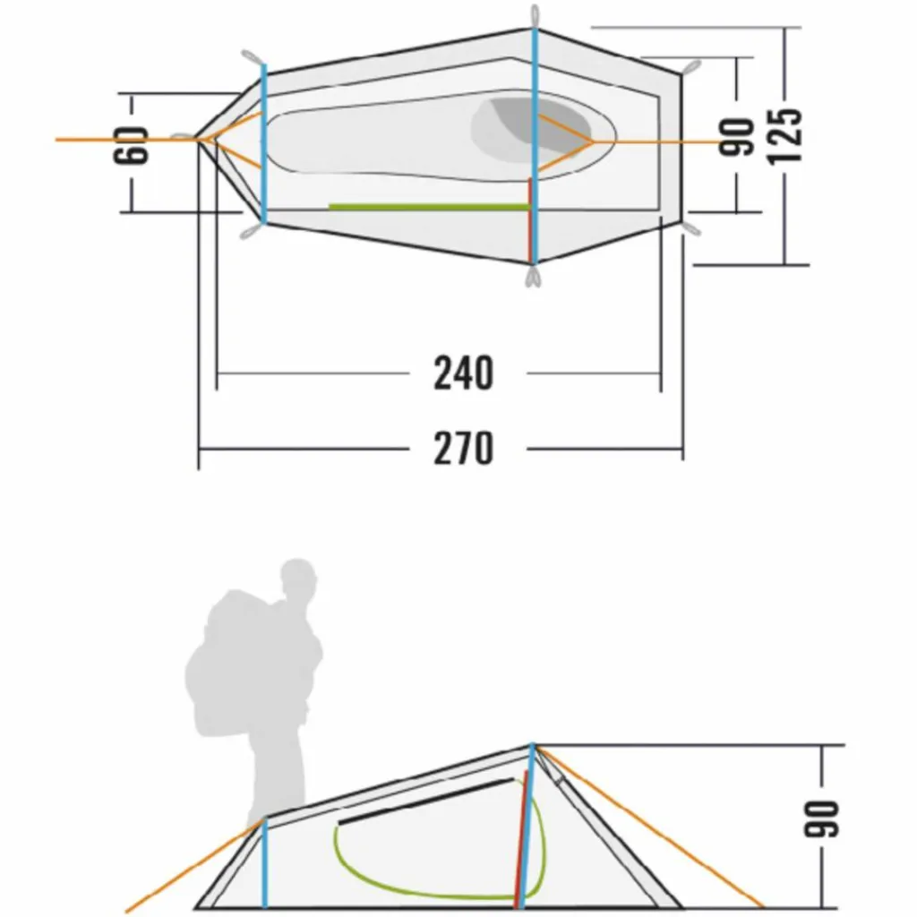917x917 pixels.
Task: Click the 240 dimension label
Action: coord(463,373)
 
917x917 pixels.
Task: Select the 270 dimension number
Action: coord(463,448)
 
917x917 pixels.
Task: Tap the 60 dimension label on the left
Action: coord(130,145)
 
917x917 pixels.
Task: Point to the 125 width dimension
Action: coord(783,136)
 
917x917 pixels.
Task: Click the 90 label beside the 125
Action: coord(736,137)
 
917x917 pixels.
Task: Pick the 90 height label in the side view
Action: coord(821,818)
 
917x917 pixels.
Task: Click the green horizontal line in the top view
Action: coord(429,207)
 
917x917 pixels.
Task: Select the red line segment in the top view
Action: coord(530,220)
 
